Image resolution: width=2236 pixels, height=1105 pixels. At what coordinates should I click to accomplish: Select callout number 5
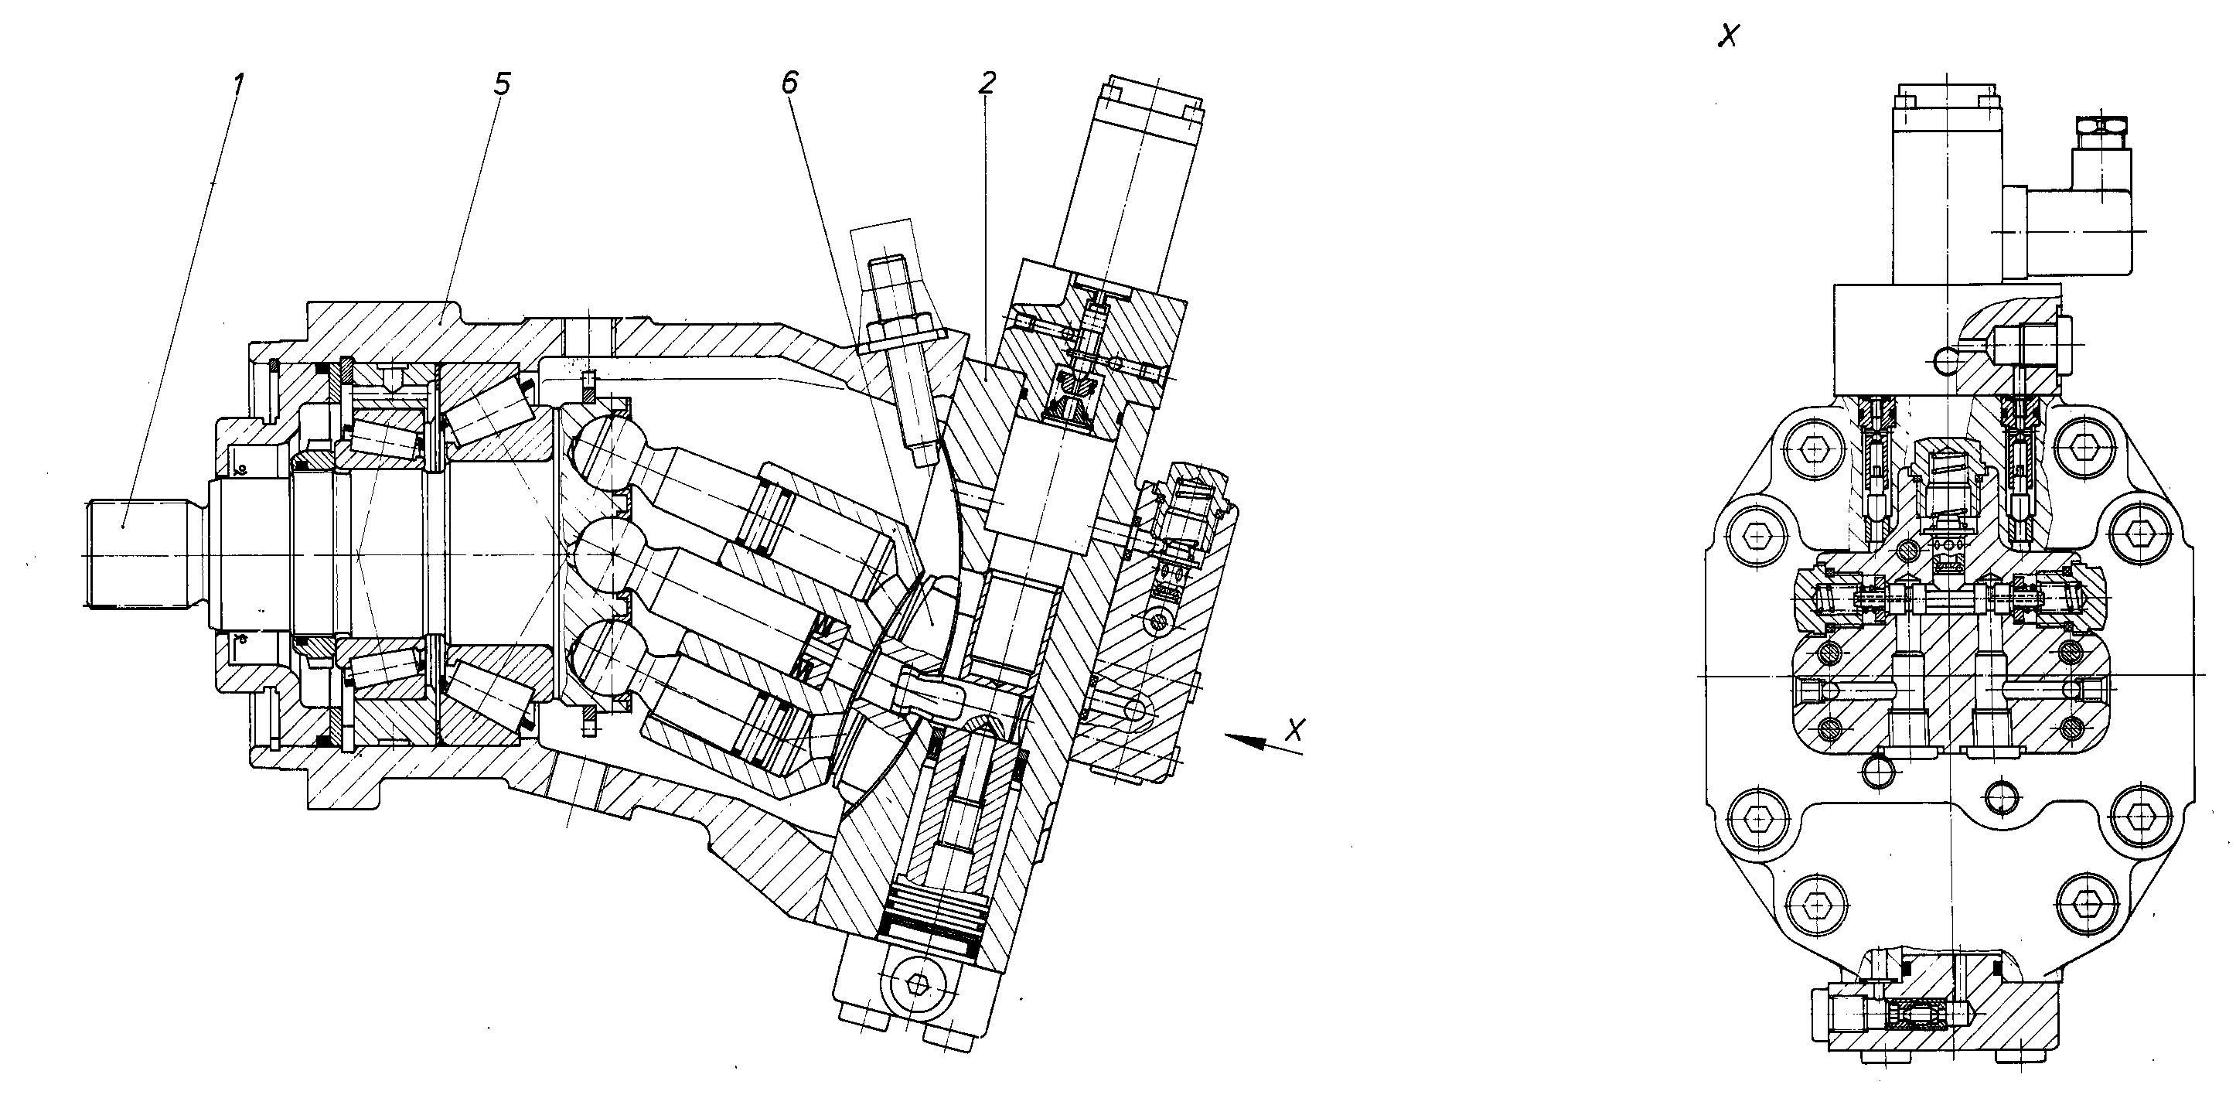[x=502, y=84]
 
